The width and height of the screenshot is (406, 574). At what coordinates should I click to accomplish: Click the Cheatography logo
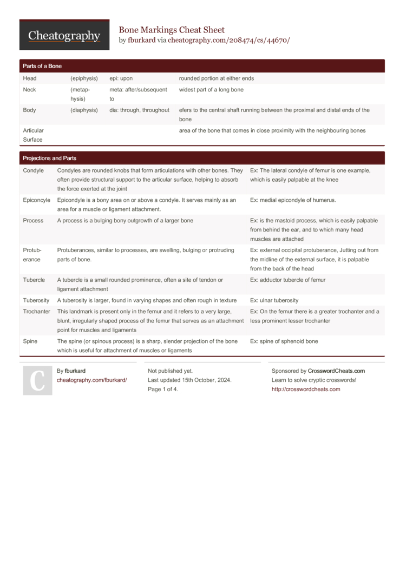[64, 35]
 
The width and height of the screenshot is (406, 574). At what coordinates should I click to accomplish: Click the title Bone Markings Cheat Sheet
[172, 30]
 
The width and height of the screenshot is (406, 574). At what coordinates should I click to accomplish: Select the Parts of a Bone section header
[42, 66]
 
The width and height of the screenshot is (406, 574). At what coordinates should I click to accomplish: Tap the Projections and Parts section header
[49, 159]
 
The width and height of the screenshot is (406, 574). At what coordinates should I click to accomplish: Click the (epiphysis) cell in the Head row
[84, 78]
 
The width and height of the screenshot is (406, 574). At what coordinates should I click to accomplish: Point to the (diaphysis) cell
[84, 110]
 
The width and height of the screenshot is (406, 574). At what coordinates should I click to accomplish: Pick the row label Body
[30, 110]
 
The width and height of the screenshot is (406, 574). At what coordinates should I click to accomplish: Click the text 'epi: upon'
[121, 78]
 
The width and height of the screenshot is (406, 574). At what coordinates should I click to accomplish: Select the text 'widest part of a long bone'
[211, 89]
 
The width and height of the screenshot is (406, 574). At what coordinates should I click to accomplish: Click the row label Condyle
[34, 170]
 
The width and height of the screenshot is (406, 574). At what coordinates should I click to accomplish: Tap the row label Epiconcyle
[37, 200]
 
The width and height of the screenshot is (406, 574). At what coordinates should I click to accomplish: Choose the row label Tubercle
[34, 280]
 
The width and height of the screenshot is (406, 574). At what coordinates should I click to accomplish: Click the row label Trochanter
[37, 312]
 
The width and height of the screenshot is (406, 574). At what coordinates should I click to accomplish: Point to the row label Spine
[30, 341]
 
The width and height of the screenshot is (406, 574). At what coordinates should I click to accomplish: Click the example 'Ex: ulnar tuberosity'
[274, 300]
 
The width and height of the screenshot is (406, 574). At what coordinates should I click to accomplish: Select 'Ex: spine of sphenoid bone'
[284, 341]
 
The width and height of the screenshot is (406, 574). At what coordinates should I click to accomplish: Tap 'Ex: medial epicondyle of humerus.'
[293, 200]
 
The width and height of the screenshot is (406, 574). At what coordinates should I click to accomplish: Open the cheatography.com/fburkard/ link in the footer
[92, 380]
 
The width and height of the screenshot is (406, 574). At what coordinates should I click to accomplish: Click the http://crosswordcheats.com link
[306, 390]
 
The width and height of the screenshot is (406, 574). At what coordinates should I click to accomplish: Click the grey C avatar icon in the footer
[37, 380]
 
